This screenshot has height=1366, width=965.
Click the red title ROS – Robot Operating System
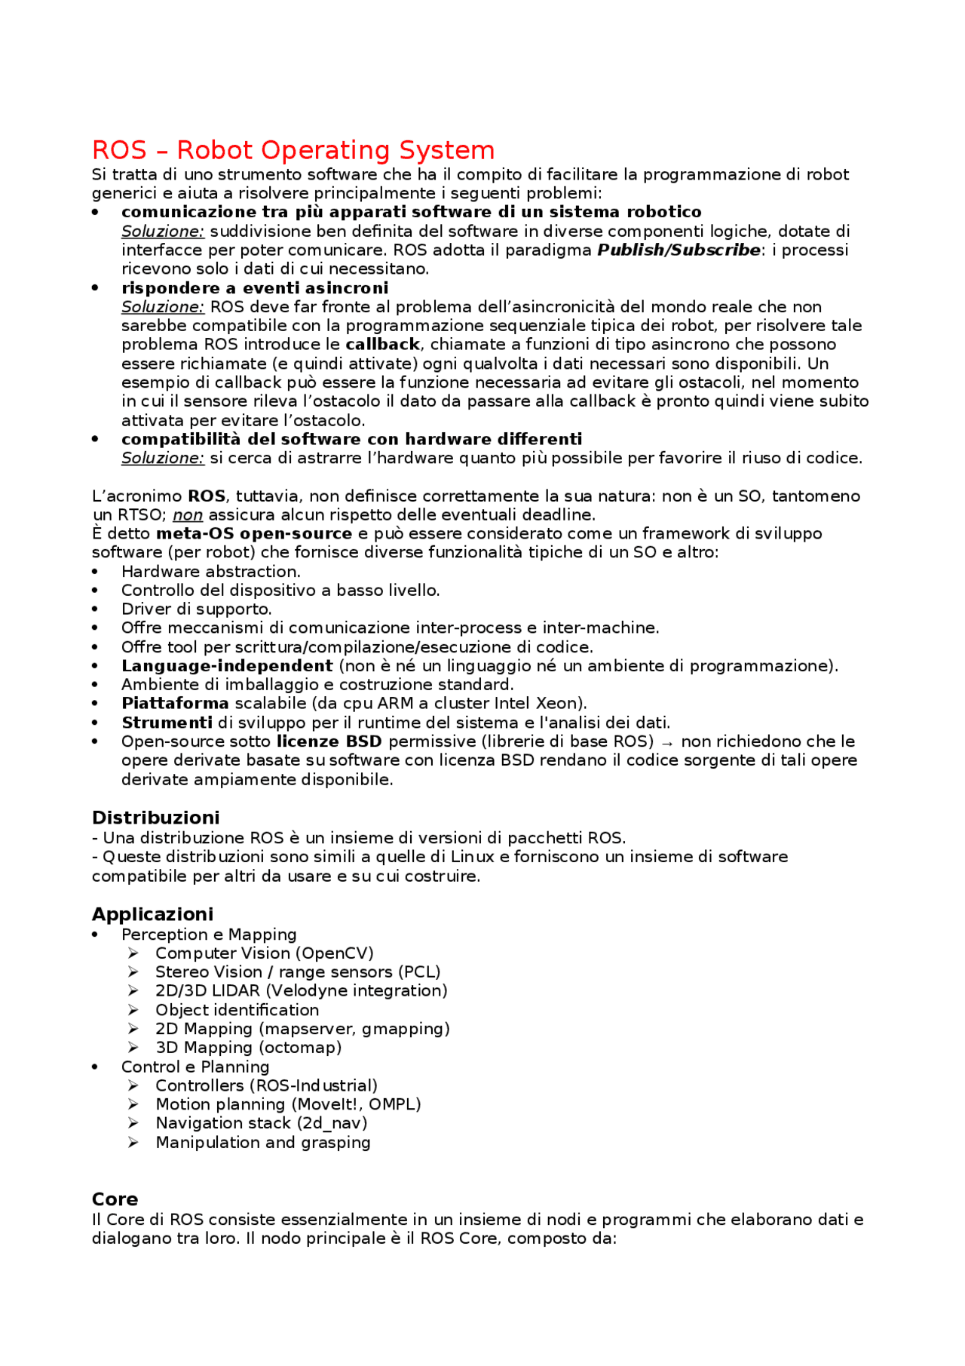(x=293, y=150)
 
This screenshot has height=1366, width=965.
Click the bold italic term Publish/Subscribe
(x=679, y=250)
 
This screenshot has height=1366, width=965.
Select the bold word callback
(x=382, y=345)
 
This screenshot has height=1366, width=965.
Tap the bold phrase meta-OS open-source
(x=254, y=534)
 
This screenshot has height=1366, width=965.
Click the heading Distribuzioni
(x=155, y=818)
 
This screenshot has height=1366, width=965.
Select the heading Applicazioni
(x=152, y=914)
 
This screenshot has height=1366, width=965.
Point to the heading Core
(x=115, y=1199)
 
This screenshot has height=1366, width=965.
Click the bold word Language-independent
(x=227, y=666)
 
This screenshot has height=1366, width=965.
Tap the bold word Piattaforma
(x=175, y=704)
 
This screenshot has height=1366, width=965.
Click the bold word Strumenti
(x=167, y=723)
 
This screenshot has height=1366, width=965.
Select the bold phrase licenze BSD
(x=329, y=741)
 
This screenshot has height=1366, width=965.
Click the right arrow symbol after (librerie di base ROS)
(x=666, y=743)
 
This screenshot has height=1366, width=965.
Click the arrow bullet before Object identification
(x=133, y=1010)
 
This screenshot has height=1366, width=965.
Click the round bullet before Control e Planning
(x=95, y=1067)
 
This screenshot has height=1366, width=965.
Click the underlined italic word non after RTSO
(x=188, y=515)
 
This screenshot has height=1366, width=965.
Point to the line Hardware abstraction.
(x=210, y=572)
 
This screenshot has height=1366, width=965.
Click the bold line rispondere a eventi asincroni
(x=255, y=288)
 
